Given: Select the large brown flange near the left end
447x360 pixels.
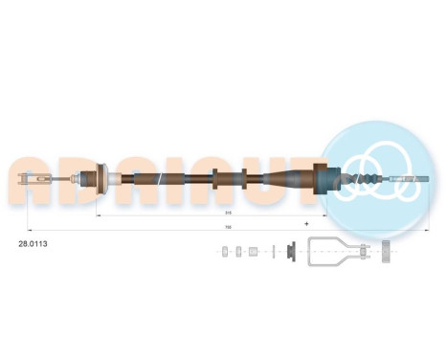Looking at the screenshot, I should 98,179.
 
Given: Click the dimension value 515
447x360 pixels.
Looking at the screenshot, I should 227,212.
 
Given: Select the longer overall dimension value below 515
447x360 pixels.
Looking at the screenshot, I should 229,227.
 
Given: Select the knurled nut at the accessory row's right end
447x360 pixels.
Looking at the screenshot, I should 387,252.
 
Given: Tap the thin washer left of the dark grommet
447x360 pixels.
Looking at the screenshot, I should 273,251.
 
